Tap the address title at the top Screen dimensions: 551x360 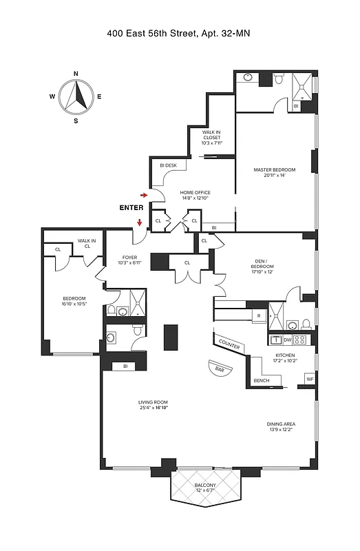click(179, 32)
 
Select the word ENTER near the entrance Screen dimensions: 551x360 click(131, 207)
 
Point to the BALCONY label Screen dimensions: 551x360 click(205, 486)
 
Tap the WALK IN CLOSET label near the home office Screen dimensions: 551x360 click(211, 137)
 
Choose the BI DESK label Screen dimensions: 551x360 click(169, 165)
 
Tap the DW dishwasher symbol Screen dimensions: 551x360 click(287, 340)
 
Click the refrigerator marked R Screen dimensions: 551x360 click(258, 316)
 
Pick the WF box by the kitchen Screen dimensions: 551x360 click(309, 379)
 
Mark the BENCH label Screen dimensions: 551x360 click(262, 381)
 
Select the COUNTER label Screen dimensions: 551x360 click(229, 343)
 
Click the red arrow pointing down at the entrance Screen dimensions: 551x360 click(140, 222)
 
